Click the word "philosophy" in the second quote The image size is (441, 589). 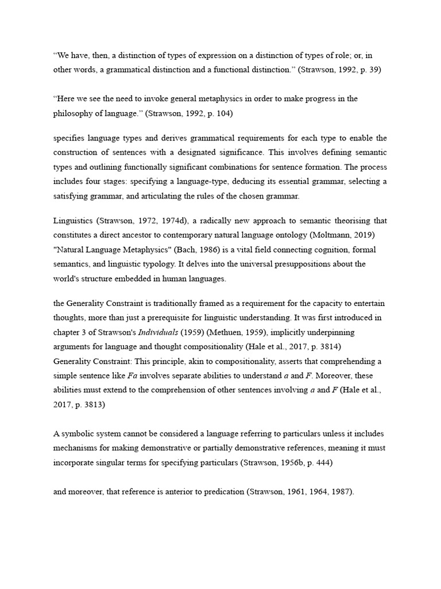click(75, 113)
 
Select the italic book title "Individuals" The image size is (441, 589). click(160, 332)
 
